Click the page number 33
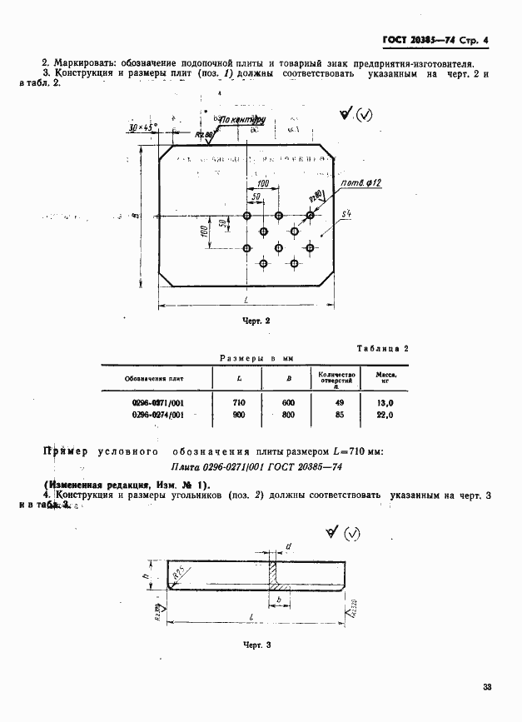[488, 687]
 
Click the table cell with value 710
[240, 402]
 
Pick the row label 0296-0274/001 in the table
[158, 414]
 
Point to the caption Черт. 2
[256, 320]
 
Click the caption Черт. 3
[257, 645]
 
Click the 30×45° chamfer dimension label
[143, 127]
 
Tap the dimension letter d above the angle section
[287, 546]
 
